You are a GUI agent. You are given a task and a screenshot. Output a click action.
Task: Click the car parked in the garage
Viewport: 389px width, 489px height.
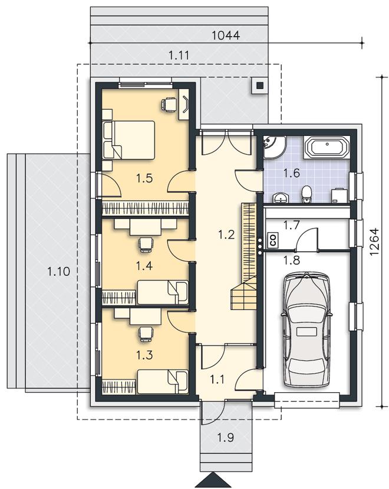click(x=306, y=330)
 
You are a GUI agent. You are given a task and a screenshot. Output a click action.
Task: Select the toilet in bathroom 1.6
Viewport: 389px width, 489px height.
click(x=306, y=194)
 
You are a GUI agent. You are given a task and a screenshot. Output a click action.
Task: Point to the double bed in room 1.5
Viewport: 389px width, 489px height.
click(x=128, y=140)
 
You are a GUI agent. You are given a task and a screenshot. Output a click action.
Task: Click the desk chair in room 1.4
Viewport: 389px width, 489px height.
click(x=146, y=244)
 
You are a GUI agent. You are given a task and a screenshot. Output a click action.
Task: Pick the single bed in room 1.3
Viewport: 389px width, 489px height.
click(x=163, y=382)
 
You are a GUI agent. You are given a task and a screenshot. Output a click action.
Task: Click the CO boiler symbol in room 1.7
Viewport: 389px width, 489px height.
click(x=273, y=240)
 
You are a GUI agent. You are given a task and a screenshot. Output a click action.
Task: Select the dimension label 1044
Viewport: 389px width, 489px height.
click(x=226, y=35)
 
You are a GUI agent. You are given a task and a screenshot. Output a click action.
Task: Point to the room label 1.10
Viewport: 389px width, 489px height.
click(x=58, y=271)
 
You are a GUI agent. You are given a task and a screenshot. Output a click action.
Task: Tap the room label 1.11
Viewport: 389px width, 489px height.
click(x=179, y=56)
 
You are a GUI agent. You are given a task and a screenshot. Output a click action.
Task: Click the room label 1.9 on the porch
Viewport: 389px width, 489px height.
click(x=226, y=438)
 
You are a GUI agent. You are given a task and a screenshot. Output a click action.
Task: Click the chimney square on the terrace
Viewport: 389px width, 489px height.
click(x=259, y=85)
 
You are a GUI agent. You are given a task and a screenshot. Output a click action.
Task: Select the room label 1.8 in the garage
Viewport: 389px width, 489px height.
click(x=292, y=259)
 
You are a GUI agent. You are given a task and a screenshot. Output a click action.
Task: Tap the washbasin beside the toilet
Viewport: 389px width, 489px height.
click(x=281, y=198)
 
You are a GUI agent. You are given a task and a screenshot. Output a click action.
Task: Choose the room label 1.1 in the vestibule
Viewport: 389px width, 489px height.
click(x=217, y=380)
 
